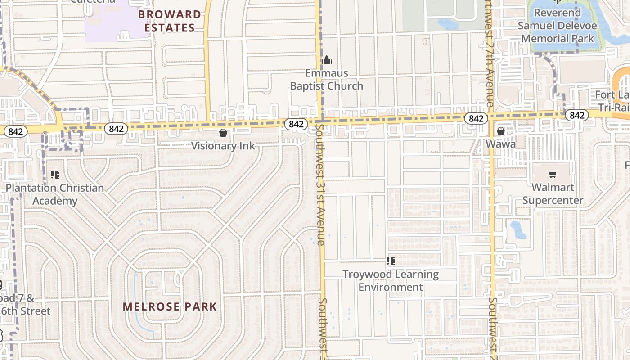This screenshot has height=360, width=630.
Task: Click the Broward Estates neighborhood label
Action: [170, 21]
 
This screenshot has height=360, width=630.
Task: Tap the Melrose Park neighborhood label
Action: [170, 307]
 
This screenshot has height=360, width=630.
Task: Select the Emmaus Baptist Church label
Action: [327, 80]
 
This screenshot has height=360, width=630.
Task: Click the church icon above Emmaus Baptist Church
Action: [327, 60]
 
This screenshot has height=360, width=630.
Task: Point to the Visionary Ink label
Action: [223, 146]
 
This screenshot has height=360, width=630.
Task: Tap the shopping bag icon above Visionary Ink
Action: [223, 133]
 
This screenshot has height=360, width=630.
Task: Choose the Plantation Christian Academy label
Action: [55, 194]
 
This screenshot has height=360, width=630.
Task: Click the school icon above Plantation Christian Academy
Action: [55, 174]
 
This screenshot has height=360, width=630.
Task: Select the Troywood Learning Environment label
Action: [391, 280]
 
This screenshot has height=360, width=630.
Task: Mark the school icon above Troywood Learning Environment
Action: [391, 261]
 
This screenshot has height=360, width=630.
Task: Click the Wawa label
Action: [500, 144]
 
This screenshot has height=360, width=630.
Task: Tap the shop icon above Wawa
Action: [500, 131]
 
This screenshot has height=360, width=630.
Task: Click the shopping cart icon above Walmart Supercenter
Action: [553, 174]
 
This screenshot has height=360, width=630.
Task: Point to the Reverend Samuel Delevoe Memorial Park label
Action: [558, 26]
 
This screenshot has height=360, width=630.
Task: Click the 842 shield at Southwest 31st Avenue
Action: [296, 124]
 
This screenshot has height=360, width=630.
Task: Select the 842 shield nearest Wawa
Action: [476, 118]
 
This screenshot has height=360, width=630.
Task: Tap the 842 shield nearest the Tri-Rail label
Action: [576, 116]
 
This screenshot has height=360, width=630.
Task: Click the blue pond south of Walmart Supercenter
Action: [517, 229]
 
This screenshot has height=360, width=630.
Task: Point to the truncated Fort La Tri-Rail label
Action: [614, 101]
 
